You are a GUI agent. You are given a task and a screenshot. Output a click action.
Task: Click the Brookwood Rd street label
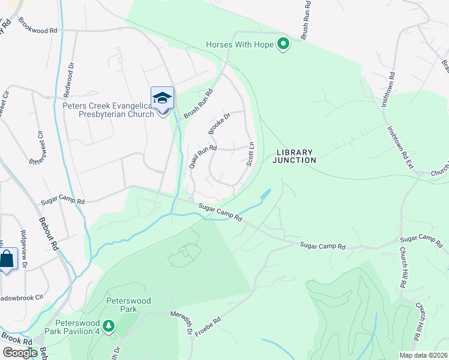[37, 27]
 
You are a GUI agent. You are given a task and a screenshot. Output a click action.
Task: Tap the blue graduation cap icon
[162, 98]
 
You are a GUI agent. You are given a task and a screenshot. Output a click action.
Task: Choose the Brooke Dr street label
[219, 124]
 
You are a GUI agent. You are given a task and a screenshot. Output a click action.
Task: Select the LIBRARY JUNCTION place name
[294, 156]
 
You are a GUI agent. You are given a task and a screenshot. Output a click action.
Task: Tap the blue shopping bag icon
[7, 260]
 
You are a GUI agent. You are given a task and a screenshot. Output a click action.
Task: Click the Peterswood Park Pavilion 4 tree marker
[108, 326]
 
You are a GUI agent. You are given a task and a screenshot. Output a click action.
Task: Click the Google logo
[20, 353]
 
